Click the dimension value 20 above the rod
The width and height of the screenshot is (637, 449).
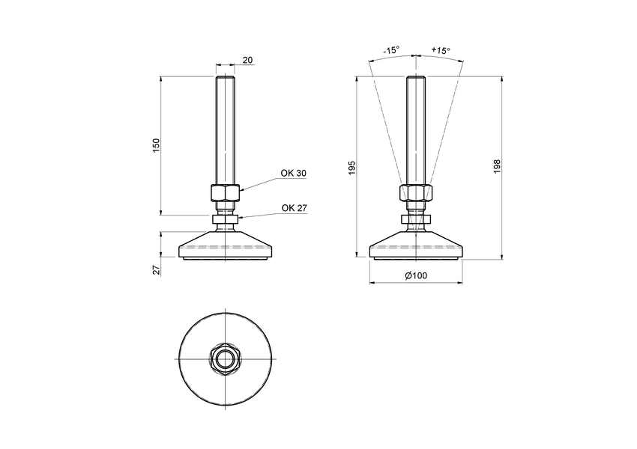[x=247, y=61]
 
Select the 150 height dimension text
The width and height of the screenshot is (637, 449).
[x=156, y=145]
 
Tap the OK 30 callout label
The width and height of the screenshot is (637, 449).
[x=293, y=173]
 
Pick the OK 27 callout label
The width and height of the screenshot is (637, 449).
[x=293, y=208]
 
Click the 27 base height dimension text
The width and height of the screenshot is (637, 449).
[x=157, y=269]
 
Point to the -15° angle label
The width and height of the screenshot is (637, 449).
[x=391, y=50]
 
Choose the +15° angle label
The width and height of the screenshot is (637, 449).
[x=441, y=50]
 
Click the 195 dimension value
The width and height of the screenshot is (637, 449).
[x=351, y=168]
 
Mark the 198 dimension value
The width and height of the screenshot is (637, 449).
[x=496, y=166]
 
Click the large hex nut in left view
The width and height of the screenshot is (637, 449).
[x=225, y=193]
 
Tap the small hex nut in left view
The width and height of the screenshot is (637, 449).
[x=225, y=220]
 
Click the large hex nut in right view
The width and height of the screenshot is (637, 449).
[x=416, y=193]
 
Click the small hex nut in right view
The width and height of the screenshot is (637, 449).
[x=416, y=220]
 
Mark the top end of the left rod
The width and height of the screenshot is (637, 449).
[x=225, y=79]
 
